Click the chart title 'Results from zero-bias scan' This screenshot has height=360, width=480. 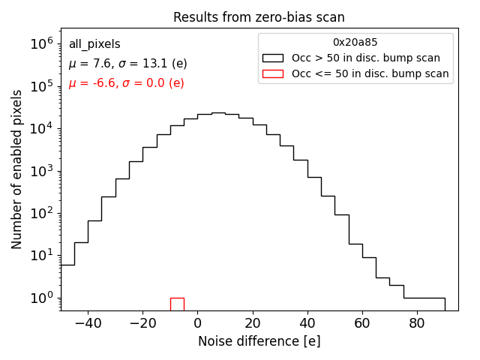[x=259, y=17]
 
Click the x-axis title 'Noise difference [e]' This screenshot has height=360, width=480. [x=259, y=341]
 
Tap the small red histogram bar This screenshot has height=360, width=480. [x=177, y=304]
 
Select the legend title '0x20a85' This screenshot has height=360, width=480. [x=355, y=43]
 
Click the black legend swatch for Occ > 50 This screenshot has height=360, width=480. [x=272, y=58]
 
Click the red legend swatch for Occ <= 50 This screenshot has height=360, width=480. [x=272, y=73]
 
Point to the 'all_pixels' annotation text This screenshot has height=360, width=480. [x=94, y=45]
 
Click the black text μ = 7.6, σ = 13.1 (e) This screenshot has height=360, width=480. [x=127, y=64]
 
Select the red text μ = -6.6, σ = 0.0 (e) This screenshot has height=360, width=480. [x=126, y=83]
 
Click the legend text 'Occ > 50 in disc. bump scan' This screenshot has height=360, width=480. [x=366, y=58]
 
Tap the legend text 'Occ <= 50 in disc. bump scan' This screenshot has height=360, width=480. [x=370, y=73]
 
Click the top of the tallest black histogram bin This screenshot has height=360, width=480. [x=218, y=113]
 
